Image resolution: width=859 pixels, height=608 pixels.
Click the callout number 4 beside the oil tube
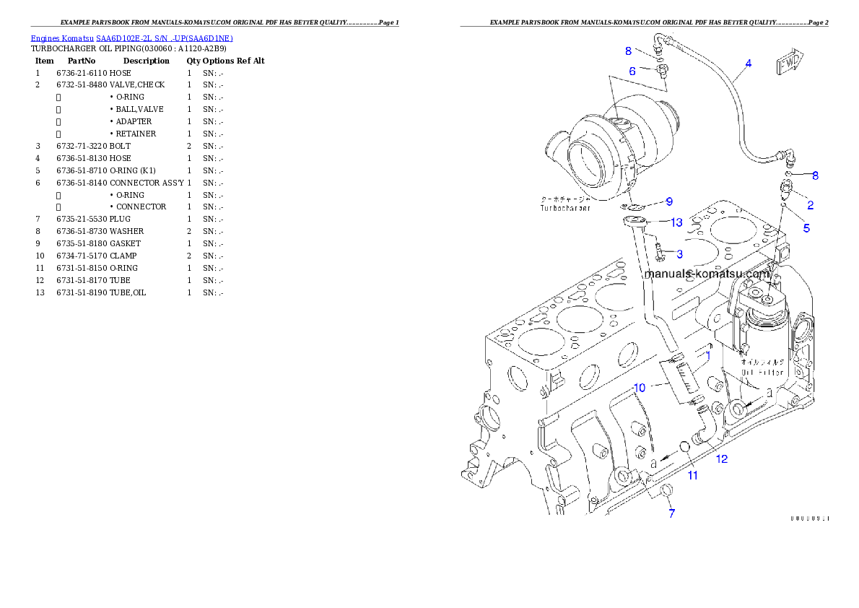coord(749,64)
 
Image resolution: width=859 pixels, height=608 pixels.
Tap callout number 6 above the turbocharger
coord(632,71)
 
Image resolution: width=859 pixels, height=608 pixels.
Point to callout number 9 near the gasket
coord(669,201)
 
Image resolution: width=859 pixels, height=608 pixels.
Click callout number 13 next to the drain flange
coord(676,222)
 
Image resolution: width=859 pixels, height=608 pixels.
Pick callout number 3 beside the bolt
coord(679,253)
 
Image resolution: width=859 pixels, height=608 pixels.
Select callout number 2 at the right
coord(811,205)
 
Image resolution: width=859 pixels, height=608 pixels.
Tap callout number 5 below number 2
coord(807,228)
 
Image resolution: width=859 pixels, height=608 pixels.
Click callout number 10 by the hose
coord(640,388)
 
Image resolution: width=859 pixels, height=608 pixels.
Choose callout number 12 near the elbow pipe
coord(722,459)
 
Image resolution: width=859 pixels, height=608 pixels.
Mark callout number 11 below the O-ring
coord(692,475)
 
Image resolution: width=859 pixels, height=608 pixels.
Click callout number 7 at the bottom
coord(671,513)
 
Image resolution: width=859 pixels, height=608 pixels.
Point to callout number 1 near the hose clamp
coord(709,356)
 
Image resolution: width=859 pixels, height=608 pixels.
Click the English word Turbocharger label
coord(565,208)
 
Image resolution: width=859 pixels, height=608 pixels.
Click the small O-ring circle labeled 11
coord(684,451)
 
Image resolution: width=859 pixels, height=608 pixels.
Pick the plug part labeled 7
coord(668,492)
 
